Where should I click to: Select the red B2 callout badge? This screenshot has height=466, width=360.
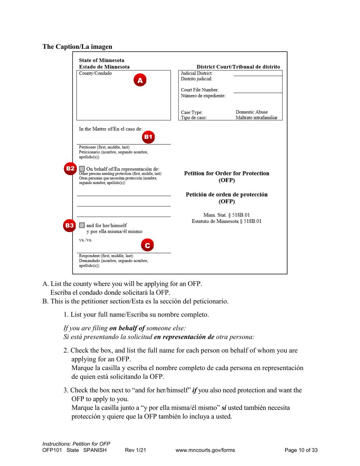pyautogui.click(x=70, y=168)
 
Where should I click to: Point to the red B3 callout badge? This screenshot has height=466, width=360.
pyautogui.click(x=70, y=225)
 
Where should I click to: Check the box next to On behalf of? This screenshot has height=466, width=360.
pyautogui.click(x=82, y=169)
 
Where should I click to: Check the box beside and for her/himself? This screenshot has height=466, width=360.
pyautogui.click(x=82, y=225)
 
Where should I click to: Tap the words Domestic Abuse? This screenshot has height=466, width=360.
pyautogui.click(x=252, y=112)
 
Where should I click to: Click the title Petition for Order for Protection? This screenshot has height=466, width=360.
pyautogui.click(x=227, y=173)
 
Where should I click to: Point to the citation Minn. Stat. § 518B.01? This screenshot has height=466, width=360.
pyautogui.click(x=227, y=215)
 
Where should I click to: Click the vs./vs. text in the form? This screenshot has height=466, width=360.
pyautogui.click(x=83, y=240)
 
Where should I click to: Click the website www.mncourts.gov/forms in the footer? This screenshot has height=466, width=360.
pyautogui.click(x=205, y=450)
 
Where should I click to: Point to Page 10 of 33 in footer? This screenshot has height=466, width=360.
pyautogui.click(x=301, y=450)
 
